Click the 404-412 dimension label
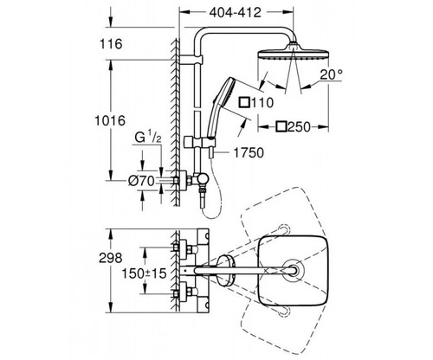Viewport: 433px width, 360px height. coord(235,12)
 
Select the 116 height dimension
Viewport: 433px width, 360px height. coord(111,44)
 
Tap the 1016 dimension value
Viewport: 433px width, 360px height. coord(110,120)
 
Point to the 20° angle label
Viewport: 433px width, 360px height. coord(331,74)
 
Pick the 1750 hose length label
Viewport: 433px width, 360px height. coord(249,153)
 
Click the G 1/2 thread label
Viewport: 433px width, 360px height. coord(148,138)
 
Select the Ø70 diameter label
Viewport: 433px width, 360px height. coord(141,181)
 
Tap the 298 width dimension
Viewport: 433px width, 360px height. coord(111,258)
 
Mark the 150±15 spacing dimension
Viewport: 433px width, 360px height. coord(144,273)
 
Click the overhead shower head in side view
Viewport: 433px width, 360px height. coord(293,52)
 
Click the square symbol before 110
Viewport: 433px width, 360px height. coord(244,102)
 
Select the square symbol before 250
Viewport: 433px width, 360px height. coord(281,126)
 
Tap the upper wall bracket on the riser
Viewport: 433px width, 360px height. coord(192,60)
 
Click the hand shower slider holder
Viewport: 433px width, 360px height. coord(199,142)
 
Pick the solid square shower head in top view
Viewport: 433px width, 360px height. coord(293,271)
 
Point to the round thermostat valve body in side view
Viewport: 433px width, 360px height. coord(201,181)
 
